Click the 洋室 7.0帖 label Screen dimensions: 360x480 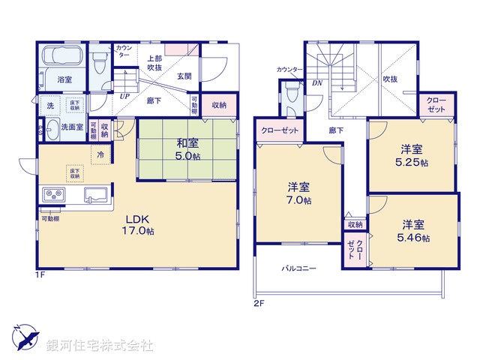coord(298,193)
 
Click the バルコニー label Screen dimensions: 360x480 coord(299,268)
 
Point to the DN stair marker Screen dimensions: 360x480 coord(317,83)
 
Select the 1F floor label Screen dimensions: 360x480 coord(40,275)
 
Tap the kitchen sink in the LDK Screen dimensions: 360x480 coord(96,197)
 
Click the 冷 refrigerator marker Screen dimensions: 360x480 coord(100,154)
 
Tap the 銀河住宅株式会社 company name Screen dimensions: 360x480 coord(100,346)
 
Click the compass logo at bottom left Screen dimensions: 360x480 coord(25,336)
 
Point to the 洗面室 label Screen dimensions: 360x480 coord(72,127)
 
